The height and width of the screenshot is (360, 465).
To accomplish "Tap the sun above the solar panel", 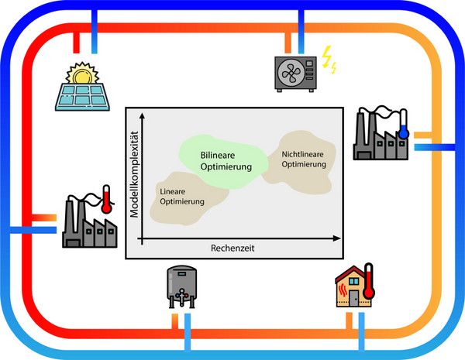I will tap(83, 74).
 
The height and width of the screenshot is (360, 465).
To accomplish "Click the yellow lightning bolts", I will tap(329, 60).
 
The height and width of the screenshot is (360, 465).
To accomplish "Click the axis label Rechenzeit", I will tap(232, 249).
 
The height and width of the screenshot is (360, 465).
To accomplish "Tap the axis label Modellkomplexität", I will tap(135, 174).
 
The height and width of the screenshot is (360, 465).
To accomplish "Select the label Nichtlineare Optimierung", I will tap(298, 158).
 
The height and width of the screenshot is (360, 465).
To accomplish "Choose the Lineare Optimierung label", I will tap(182, 196).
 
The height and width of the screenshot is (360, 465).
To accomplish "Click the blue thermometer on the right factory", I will tap(404, 124).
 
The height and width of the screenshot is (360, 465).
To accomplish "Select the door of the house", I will tap(353, 298).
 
